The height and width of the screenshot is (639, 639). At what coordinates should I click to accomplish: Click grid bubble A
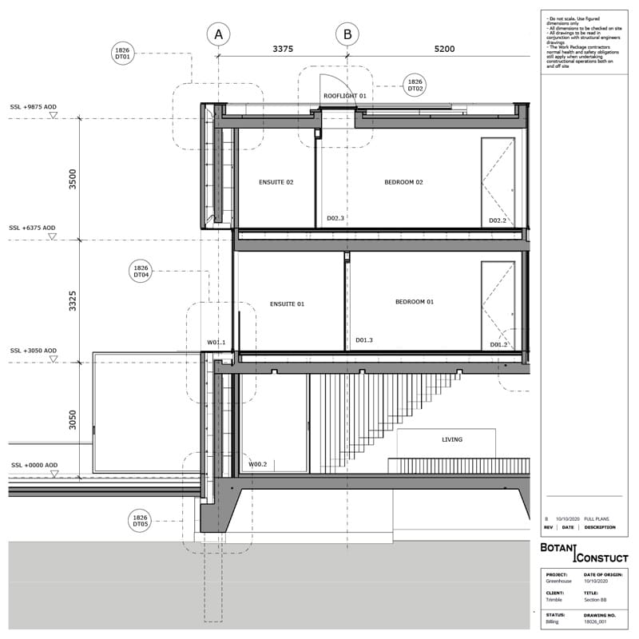coord(218,34)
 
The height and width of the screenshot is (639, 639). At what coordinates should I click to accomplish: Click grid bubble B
coord(347,34)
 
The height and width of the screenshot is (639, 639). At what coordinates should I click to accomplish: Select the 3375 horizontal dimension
coord(283,49)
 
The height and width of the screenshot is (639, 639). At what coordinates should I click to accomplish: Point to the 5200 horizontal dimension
coord(444,49)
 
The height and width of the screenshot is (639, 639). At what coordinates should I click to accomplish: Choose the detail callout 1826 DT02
coord(415,85)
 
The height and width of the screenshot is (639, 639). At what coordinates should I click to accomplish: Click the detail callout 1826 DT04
coord(141,272)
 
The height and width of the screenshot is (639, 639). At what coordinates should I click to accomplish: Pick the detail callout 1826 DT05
coord(141,521)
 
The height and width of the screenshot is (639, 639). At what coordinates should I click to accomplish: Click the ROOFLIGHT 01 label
coord(344,96)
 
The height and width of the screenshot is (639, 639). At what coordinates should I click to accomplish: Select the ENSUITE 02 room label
coord(276,182)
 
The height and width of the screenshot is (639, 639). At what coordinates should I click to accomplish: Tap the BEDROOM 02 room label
coord(403,182)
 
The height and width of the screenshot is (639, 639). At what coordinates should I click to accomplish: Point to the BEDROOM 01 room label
coord(415,302)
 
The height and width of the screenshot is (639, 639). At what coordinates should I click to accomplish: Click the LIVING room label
coord(452,439)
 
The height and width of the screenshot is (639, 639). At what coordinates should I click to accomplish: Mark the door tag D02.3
coord(335,218)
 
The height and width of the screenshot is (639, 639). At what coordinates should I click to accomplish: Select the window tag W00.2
coord(257,464)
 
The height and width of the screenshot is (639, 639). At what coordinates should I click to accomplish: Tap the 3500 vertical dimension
coord(73,178)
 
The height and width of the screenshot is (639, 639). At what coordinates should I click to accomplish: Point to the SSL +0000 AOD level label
coord(34,465)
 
